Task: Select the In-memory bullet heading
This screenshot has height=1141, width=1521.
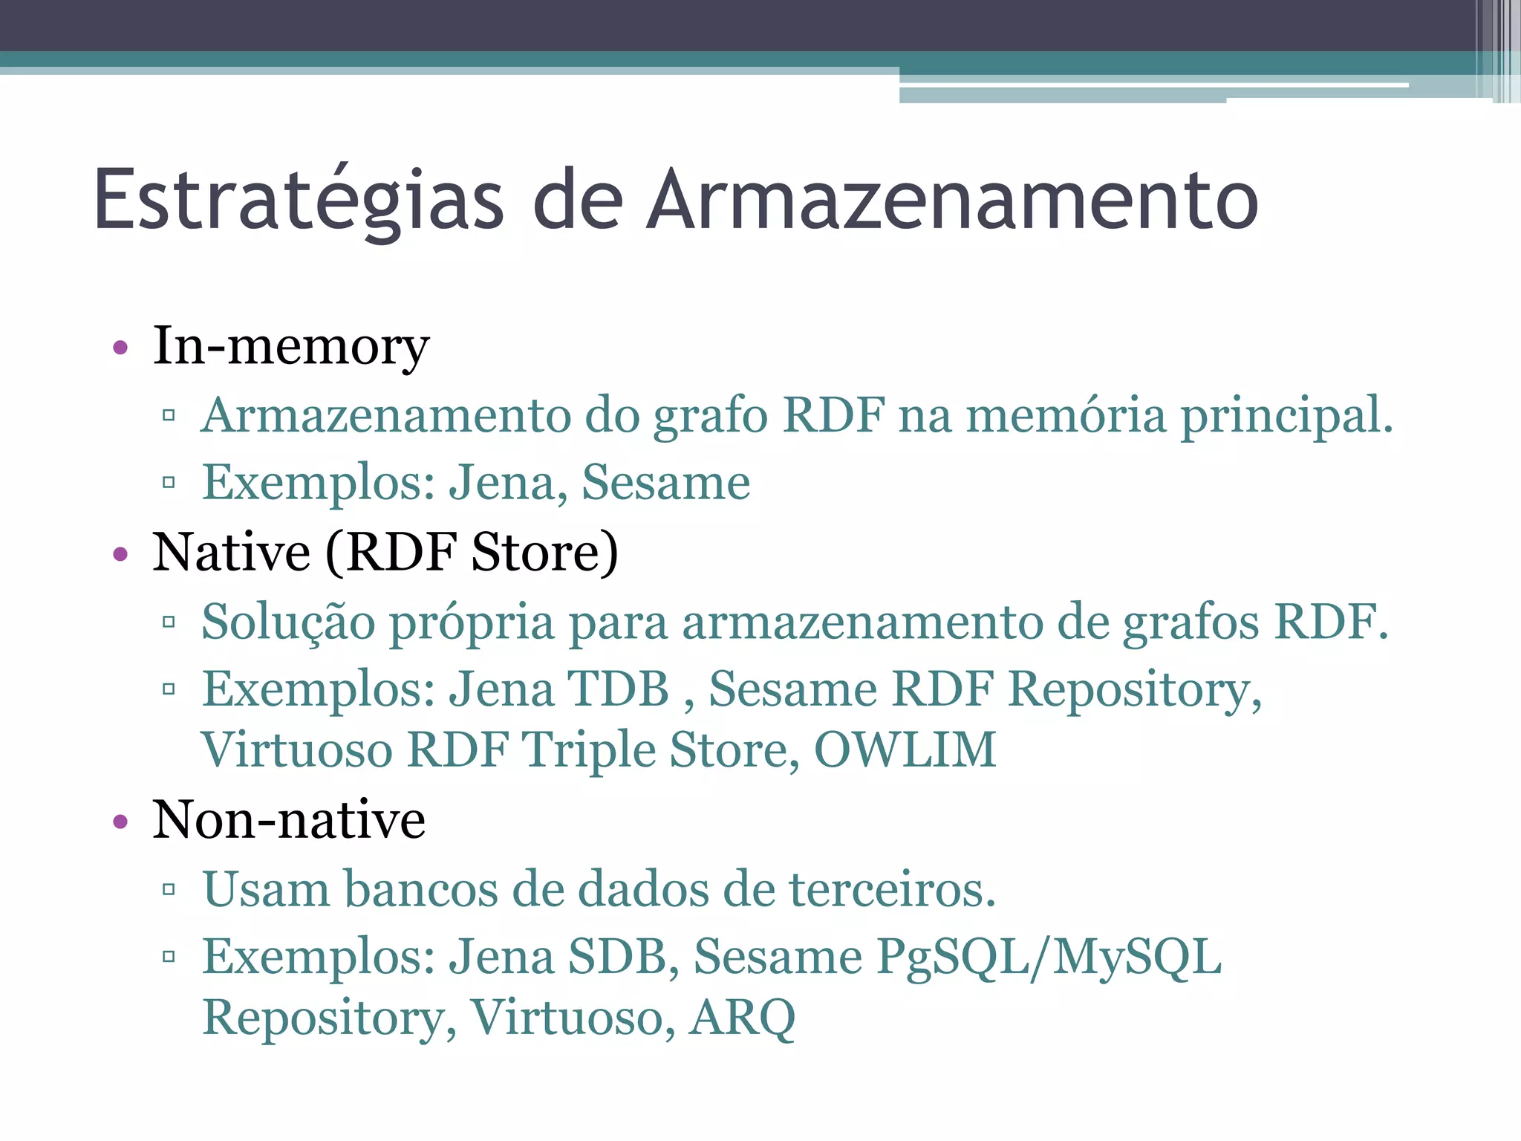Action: tap(290, 346)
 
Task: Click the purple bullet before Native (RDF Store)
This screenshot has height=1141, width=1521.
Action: tap(120, 554)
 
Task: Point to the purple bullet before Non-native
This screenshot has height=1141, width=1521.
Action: tap(120, 822)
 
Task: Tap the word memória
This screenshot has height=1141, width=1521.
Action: tap(1066, 415)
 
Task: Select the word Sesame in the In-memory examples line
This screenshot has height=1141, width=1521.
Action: tap(665, 483)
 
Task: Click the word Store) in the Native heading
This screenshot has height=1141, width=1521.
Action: tap(544, 553)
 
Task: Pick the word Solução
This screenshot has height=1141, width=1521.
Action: tap(288, 622)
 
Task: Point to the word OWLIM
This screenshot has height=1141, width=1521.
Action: tap(905, 750)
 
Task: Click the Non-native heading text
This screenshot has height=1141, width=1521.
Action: tap(289, 820)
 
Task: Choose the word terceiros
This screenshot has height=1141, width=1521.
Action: tap(891, 889)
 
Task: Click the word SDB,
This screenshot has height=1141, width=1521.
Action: tap(623, 957)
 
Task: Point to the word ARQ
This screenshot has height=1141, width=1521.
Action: tap(742, 1018)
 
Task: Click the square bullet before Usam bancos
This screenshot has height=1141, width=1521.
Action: tap(169, 889)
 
